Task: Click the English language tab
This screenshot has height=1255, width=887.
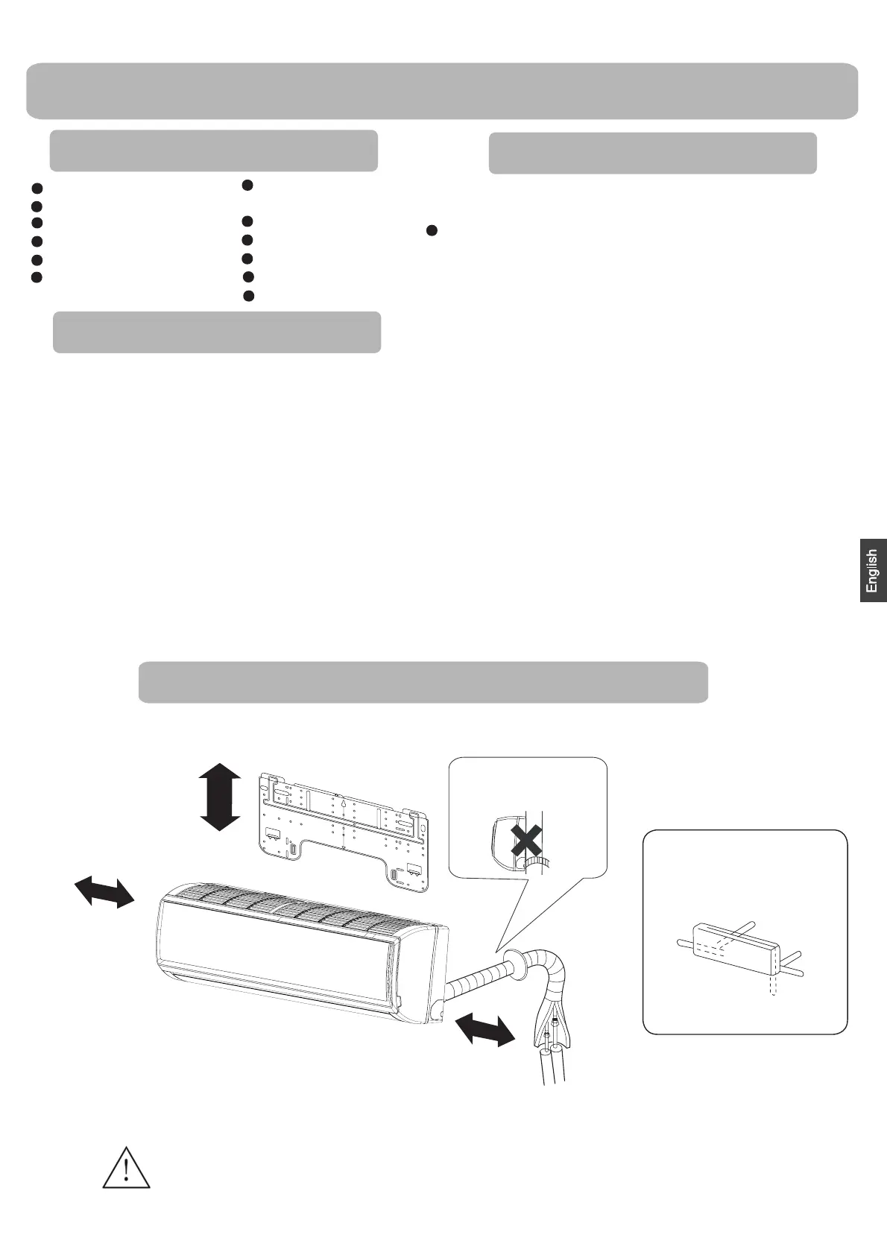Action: point(873,571)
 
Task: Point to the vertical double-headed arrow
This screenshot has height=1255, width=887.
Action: point(221,796)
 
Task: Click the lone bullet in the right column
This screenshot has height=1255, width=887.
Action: point(430,231)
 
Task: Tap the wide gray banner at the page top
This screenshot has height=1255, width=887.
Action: point(442,91)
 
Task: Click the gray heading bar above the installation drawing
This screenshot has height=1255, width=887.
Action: point(423,682)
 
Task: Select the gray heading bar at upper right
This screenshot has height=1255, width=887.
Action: point(652,154)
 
